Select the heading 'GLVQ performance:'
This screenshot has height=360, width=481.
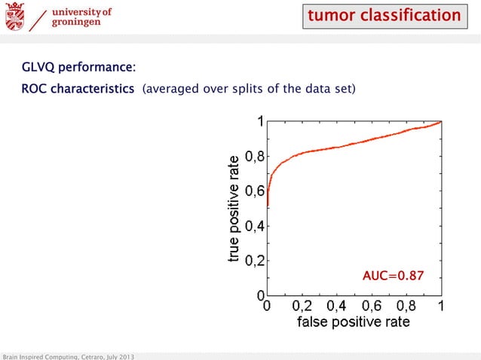pyautogui.click(x=78, y=69)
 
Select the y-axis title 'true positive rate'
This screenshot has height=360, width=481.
pyautogui.click(x=234, y=209)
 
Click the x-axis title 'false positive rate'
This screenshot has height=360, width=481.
pyautogui.click(x=354, y=322)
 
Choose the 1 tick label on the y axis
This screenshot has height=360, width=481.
pyautogui.click(x=259, y=122)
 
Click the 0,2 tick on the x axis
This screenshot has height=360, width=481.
pyautogui.click(x=302, y=307)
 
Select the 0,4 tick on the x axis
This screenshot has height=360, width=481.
pyautogui.click(x=336, y=307)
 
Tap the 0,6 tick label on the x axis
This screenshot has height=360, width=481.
pyautogui.click(x=371, y=307)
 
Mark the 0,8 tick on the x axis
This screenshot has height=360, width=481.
pyautogui.click(x=406, y=307)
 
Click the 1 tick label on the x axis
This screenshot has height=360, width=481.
pyautogui.click(x=441, y=307)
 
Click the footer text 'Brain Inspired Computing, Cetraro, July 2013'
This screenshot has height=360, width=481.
pyautogui.click(x=59, y=355)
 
